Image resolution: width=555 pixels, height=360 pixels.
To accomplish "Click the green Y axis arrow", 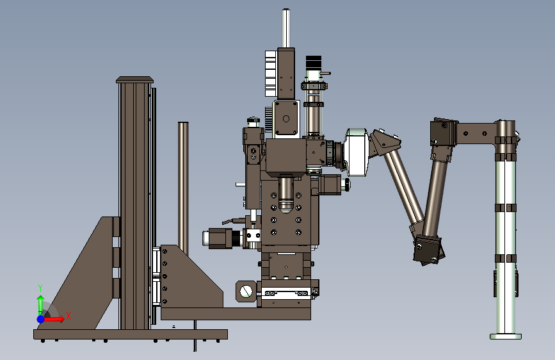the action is pos(41,305).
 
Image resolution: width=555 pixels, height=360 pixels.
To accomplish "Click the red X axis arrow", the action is pos(53,319).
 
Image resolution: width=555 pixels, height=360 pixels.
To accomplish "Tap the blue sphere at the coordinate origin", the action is pos(41,319).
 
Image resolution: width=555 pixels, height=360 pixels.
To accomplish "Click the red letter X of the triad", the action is pos(68,316).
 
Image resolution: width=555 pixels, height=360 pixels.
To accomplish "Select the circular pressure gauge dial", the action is pos(246,291).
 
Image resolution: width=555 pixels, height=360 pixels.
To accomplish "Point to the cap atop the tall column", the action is pos(134,79).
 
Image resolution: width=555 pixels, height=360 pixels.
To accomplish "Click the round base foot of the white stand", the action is pos(506,336).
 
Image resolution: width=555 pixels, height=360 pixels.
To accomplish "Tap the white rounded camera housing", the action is pos(357,152).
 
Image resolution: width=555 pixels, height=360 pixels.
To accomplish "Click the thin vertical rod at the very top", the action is pos(286,28).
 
